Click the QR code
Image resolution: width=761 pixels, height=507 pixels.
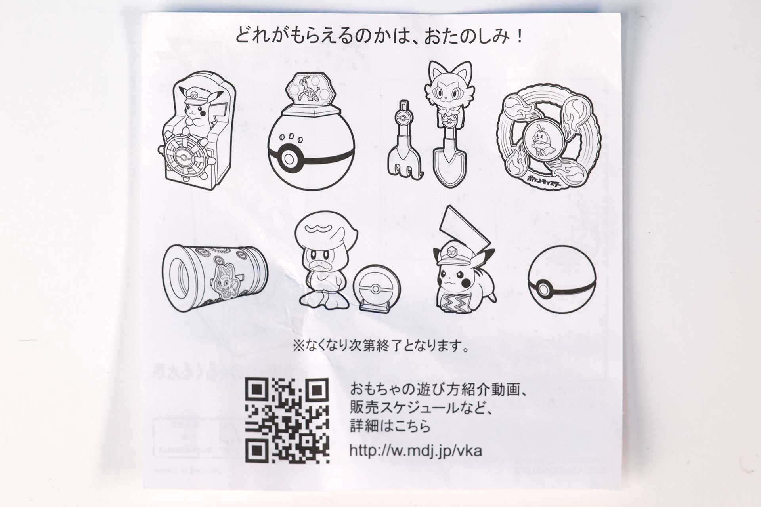point(287,421)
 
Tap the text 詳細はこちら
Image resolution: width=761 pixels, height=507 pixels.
point(390,427)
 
